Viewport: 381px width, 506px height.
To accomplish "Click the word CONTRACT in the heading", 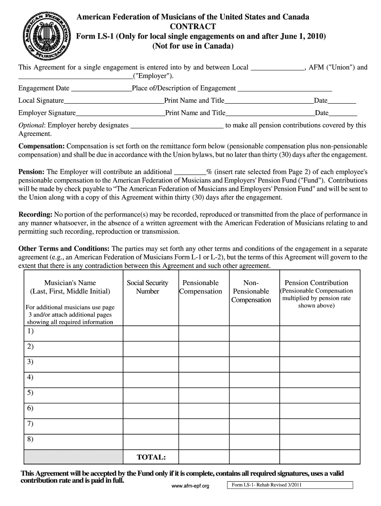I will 192,27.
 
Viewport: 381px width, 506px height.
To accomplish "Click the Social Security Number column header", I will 147,287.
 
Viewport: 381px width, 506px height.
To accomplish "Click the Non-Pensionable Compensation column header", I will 251,292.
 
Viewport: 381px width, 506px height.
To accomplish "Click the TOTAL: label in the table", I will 151,457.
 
